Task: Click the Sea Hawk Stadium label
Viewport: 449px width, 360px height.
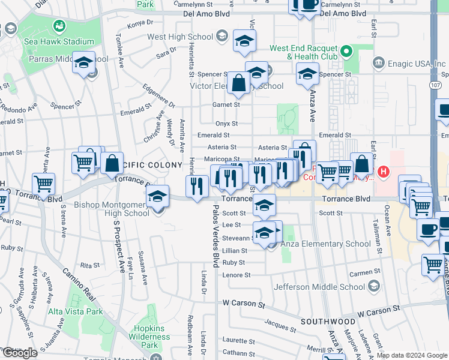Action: pos(59,41)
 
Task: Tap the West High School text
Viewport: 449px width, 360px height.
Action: pos(180,37)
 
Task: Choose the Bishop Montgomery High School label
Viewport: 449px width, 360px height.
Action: pos(112,209)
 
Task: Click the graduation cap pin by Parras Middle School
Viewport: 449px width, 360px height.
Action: pos(83,62)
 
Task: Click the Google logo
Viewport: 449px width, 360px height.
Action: pos(20,353)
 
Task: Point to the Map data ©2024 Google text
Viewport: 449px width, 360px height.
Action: pos(412,355)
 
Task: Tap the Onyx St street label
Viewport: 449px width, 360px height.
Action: pos(228,124)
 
